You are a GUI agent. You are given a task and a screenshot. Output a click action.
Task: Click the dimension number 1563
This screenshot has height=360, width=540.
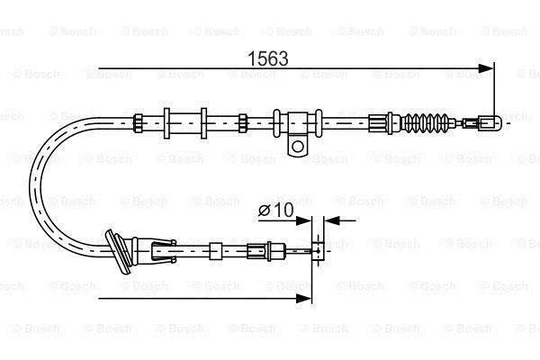click(268, 58)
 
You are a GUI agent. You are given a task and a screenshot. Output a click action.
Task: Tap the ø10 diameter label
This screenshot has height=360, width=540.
click(276, 210)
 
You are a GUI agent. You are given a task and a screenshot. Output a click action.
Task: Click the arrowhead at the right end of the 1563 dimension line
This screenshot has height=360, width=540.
click(486, 68)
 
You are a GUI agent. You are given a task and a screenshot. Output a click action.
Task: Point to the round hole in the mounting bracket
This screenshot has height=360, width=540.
click(298, 147)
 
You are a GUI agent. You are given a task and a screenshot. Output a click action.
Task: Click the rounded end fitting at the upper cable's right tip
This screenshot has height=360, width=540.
click(490, 123)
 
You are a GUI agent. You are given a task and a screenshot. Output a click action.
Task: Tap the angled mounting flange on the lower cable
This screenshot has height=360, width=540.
click(118, 251)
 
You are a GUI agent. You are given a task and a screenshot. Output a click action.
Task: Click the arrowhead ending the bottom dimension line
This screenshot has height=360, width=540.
click(303, 298)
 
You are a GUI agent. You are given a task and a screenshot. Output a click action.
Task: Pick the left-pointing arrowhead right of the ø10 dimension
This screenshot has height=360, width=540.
click(332, 220)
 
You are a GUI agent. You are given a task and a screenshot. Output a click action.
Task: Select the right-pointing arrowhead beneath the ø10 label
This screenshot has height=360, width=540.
click(303, 220)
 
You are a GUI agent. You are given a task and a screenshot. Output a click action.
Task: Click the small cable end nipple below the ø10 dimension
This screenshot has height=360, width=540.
click(318, 250)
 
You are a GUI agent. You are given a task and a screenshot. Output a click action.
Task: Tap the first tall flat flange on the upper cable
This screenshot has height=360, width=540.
click(166, 123)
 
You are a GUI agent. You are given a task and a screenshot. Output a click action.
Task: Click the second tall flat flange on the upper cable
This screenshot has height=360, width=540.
click(204, 123)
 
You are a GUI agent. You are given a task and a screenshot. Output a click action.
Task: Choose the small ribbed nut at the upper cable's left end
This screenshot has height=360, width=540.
click(138, 123)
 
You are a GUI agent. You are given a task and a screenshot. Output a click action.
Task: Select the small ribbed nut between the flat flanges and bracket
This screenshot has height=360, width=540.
click(243, 123)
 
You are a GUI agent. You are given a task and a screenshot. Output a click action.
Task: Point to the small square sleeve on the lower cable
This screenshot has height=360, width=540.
click(216, 251)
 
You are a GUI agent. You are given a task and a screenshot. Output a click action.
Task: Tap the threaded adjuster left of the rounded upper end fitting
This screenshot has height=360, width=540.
click(470, 123)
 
